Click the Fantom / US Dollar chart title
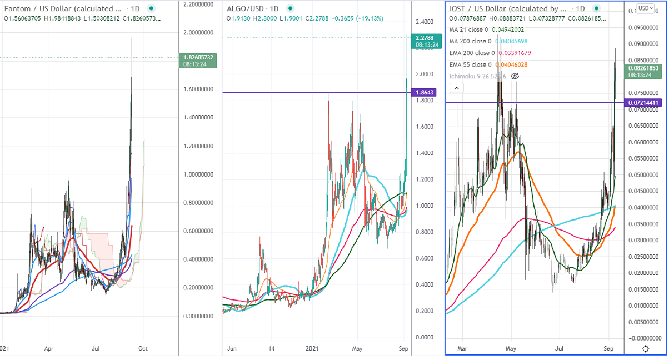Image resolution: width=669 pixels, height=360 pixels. pyautogui.click(x=61, y=9)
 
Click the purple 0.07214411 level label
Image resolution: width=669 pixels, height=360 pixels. pyautogui.click(x=644, y=103)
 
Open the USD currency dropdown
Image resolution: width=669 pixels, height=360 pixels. pyautogui.click(x=646, y=8)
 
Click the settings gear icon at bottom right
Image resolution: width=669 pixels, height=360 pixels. pyautogui.click(x=645, y=349)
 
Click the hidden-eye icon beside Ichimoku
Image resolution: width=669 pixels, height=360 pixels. pyautogui.click(x=515, y=76)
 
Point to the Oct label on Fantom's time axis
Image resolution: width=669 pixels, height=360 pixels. pyautogui.click(x=142, y=349)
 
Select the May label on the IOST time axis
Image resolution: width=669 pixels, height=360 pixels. pyautogui.click(x=511, y=349)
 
